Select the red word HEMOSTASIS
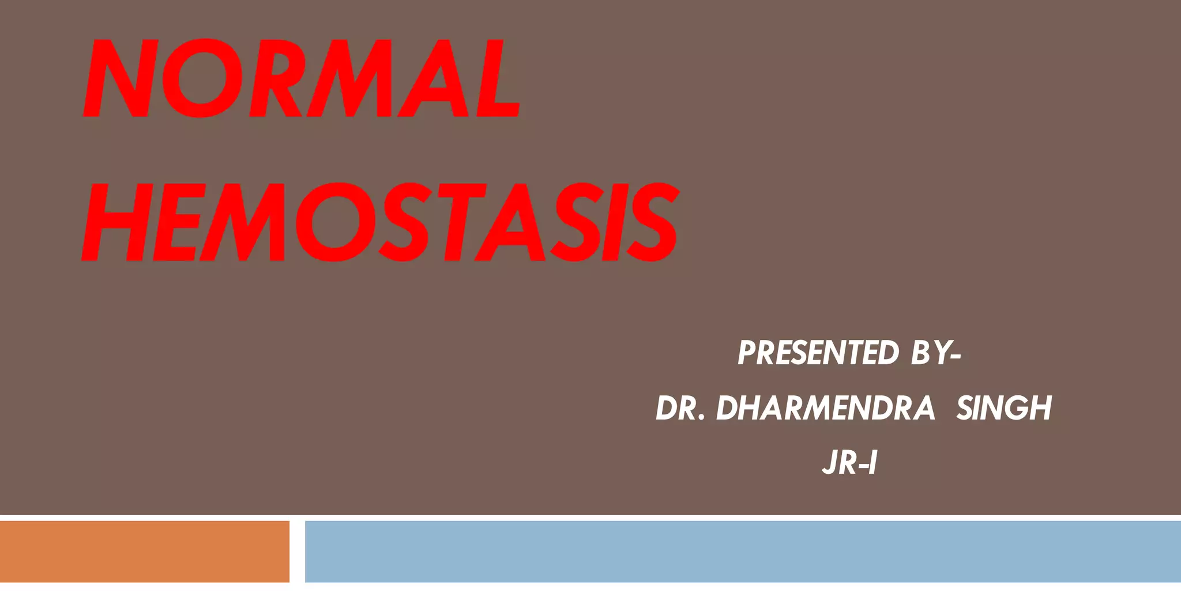pos(381,222)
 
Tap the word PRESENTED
pos(818,353)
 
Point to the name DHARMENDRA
pos(825,408)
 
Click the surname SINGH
pos(1004,408)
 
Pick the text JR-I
pos(849,463)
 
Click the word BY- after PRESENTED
pos(935,353)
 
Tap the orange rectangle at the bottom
pos(144,551)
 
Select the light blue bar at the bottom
pos(743,551)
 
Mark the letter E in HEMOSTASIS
pos(176,222)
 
